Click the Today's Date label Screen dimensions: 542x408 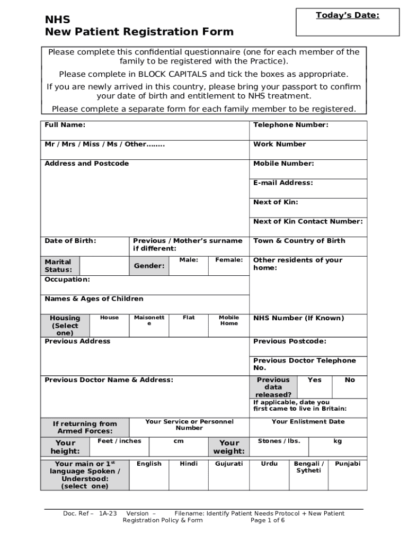click(348, 15)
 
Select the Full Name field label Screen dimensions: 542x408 click(65, 125)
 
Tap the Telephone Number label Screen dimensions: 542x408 click(290, 125)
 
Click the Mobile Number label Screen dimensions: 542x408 click(283, 164)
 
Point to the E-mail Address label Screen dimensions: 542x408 click(283, 183)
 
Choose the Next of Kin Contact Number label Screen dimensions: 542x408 click(308, 221)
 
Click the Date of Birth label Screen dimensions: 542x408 click(70, 241)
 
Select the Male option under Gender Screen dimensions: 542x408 click(189, 260)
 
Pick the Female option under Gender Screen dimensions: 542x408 click(229, 260)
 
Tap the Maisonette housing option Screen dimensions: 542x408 click(149, 320)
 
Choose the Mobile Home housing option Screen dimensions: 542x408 click(229, 320)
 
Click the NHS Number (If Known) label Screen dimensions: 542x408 click(298, 318)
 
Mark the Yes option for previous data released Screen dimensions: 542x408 click(314, 380)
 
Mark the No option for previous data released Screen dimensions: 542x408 click(350, 380)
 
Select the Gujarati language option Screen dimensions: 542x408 click(229, 464)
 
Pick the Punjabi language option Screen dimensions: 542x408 click(348, 464)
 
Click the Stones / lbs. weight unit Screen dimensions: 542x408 click(279, 441)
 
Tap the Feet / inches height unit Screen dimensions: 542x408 click(119, 441)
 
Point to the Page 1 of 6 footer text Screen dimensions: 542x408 click(268, 520)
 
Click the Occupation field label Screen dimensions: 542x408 click(67, 279)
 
